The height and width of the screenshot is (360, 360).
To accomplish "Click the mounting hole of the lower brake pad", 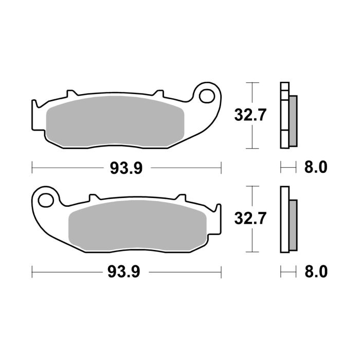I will (45, 199).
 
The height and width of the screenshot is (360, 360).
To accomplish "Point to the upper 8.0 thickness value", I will (316, 168).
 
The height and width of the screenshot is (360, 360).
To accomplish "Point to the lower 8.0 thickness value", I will (316, 271).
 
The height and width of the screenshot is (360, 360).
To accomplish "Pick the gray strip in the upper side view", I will (293, 120).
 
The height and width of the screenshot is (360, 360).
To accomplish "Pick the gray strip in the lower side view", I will (293, 223).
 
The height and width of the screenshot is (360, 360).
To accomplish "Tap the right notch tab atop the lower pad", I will (181, 197).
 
